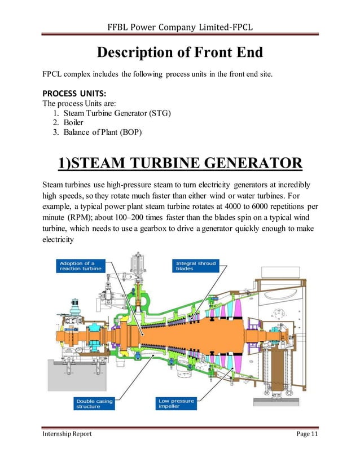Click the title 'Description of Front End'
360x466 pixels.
click(179, 53)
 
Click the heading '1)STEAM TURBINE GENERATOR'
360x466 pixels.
click(179, 164)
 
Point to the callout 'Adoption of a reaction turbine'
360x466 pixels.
click(80, 266)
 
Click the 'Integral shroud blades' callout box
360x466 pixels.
click(196, 266)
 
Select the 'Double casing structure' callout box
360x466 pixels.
click(94, 403)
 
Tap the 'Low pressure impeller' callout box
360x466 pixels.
click(175, 403)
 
